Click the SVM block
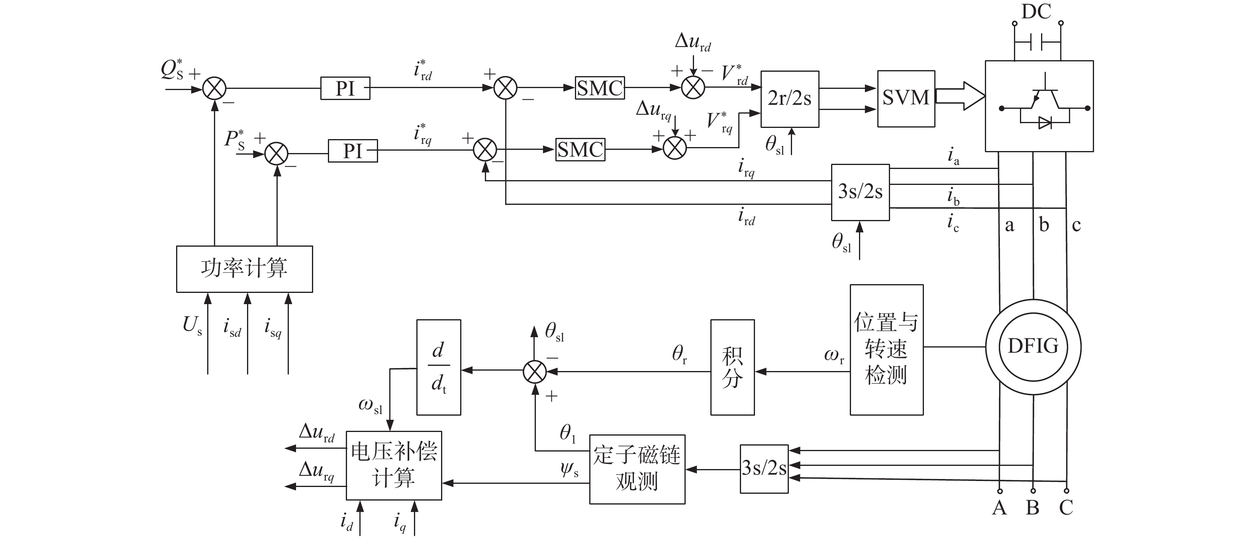(906, 99)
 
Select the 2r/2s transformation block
(790, 99)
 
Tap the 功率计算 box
(245, 269)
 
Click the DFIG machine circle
(1033, 346)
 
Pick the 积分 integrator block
(733, 367)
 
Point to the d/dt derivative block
(439, 367)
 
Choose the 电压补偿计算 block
(394, 465)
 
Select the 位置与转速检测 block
(887, 350)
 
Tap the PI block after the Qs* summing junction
(345, 88)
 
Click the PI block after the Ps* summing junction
(353, 151)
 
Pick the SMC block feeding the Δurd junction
(600, 88)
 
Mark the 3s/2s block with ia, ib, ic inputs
(861, 192)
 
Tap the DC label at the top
(1036, 11)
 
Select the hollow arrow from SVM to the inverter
(960, 96)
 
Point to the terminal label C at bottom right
(1066, 508)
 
